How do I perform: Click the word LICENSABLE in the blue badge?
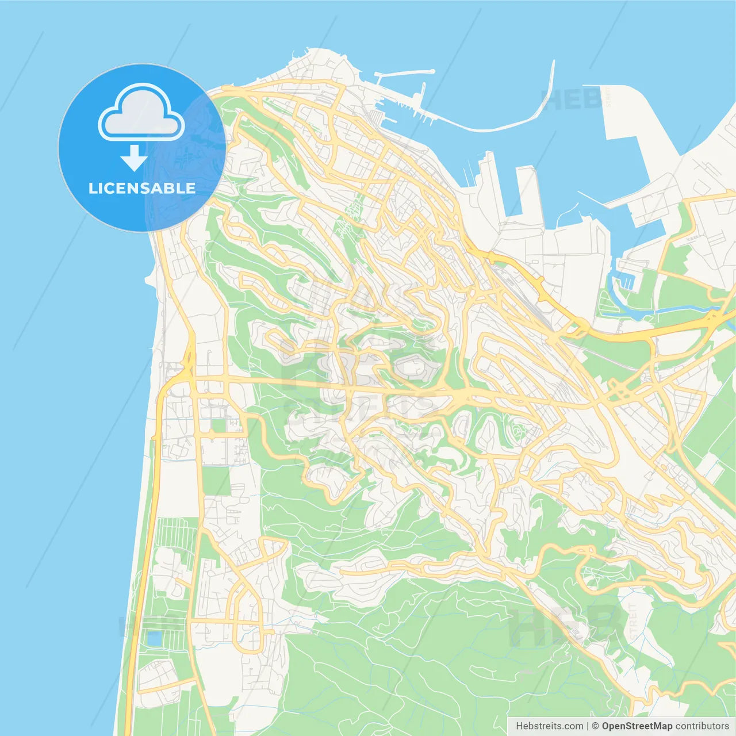click(141, 188)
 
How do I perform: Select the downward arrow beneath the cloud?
click(134, 158)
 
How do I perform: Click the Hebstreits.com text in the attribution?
click(549, 726)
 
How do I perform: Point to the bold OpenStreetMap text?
click(637, 726)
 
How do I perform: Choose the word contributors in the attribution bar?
click(702, 726)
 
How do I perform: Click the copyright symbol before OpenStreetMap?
click(596, 726)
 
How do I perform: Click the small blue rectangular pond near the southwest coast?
click(154, 638)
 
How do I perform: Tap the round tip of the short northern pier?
click(432, 72)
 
